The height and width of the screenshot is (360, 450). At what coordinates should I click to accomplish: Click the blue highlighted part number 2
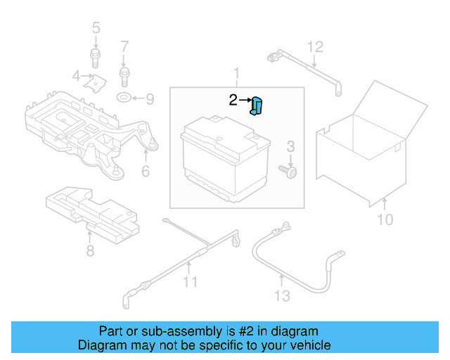(257, 106)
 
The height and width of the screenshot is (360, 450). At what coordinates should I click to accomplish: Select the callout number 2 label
(233, 101)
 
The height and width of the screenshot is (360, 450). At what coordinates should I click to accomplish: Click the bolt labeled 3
(288, 170)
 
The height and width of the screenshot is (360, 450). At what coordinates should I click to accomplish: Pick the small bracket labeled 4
(91, 82)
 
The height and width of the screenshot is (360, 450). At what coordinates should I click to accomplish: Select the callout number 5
(96, 28)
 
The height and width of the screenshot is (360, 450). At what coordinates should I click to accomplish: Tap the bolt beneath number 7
(124, 71)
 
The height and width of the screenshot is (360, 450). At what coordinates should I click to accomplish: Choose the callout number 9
(150, 98)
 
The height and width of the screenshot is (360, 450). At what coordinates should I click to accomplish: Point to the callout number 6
(146, 171)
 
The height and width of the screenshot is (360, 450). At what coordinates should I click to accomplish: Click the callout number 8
(89, 250)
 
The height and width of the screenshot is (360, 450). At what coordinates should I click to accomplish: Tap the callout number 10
(385, 220)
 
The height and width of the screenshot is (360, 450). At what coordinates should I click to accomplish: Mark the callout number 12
(315, 47)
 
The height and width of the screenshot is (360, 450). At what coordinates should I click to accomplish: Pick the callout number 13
(281, 295)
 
